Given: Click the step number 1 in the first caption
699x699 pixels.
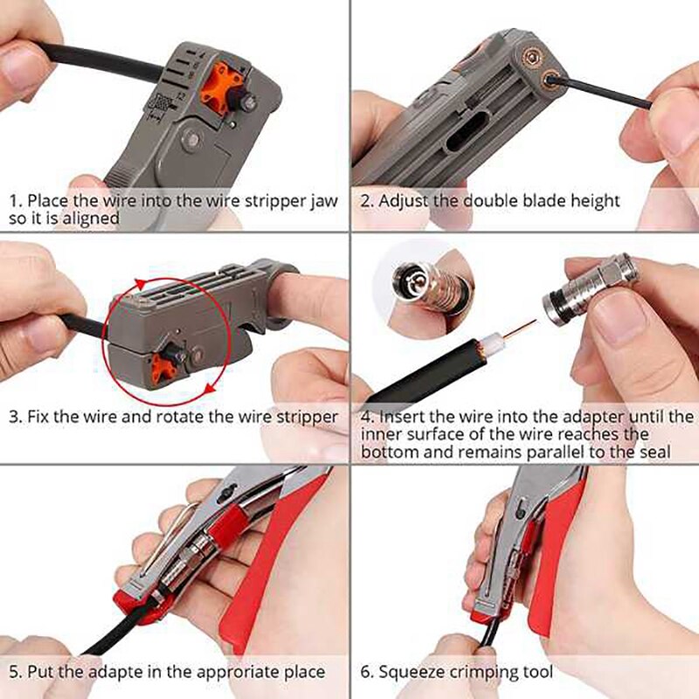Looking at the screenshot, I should (13, 201).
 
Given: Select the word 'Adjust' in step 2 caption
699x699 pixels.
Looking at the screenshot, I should (405, 201).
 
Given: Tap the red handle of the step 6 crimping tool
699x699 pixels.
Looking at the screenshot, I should (559, 559).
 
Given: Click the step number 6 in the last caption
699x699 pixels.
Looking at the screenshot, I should (366, 672).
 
